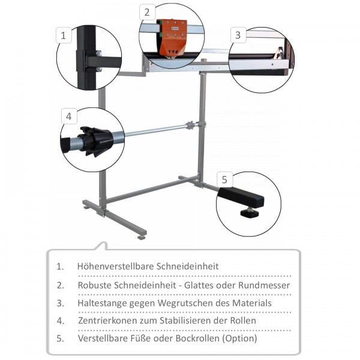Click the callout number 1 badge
click(x=64, y=35)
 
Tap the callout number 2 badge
click(x=147, y=12)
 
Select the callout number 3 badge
click(x=238, y=35)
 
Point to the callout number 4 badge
click(x=69, y=116)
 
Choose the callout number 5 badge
click(x=224, y=179)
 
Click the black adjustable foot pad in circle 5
click(x=250, y=213)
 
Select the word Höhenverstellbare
click(x=116, y=266)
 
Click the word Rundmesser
click(x=264, y=285)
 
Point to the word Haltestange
click(x=102, y=303)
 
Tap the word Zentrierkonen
click(x=107, y=320)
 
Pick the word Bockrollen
click(x=197, y=338)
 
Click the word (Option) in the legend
click(x=239, y=338)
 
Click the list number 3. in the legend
click(x=61, y=303)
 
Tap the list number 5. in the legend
click(x=61, y=338)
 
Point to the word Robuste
click(x=94, y=285)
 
